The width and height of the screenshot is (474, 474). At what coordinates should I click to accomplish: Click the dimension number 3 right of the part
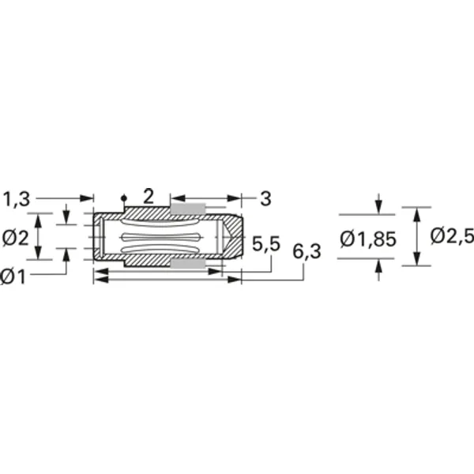point(265,198)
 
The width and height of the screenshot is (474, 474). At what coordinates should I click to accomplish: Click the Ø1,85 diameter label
point(367,238)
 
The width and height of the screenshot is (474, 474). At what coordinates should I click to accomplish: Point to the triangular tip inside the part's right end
point(227,236)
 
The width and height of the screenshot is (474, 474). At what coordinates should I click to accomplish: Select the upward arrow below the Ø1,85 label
point(379,269)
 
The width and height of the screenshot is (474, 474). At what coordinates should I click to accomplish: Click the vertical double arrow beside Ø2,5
point(417,236)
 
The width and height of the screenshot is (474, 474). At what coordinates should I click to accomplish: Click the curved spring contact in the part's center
point(166,236)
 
